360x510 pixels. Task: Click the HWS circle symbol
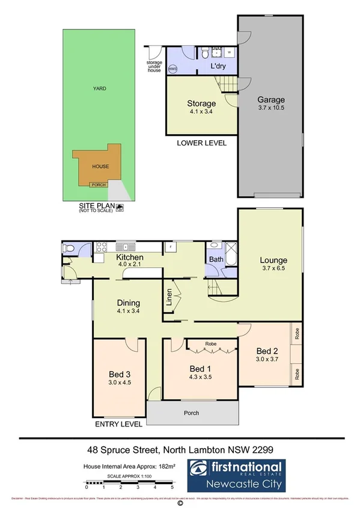[173, 69]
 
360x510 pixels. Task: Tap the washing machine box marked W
[229, 52]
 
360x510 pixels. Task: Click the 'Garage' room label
[271, 100]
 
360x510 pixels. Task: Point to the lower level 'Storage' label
[201, 103]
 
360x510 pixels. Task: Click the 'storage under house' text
[154, 66]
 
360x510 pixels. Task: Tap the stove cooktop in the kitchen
[100, 246]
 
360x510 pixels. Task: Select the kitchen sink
[128, 246]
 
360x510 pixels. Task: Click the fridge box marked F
[171, 247]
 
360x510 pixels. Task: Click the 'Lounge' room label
[273, 260]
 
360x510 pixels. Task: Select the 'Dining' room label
[129, 303]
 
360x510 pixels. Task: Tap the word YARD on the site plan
[99, 88]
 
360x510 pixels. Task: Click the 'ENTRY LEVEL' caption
[118, 424]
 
